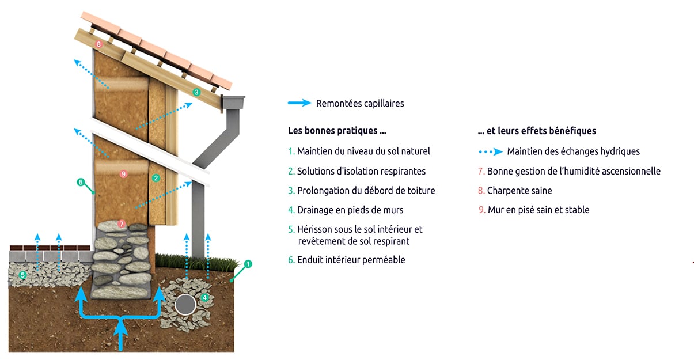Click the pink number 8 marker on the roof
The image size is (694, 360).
[99, 44]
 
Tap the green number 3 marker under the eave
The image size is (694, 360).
[196, 92]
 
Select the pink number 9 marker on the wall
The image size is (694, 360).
[123, 173]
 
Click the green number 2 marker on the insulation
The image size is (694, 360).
[156, 179]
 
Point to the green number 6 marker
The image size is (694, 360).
[81, 183]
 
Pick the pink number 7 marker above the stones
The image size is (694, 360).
[121, 223]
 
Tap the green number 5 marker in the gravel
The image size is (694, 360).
[22, 275]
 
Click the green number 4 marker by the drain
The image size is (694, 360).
[205, 298]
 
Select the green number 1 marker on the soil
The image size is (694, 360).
[248, 264]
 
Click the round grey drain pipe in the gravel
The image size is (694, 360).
[185, 304]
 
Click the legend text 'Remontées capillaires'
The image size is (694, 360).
[360, 104]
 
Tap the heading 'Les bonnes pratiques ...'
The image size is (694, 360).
[337, 131]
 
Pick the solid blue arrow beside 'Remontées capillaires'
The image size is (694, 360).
[299, 103]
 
